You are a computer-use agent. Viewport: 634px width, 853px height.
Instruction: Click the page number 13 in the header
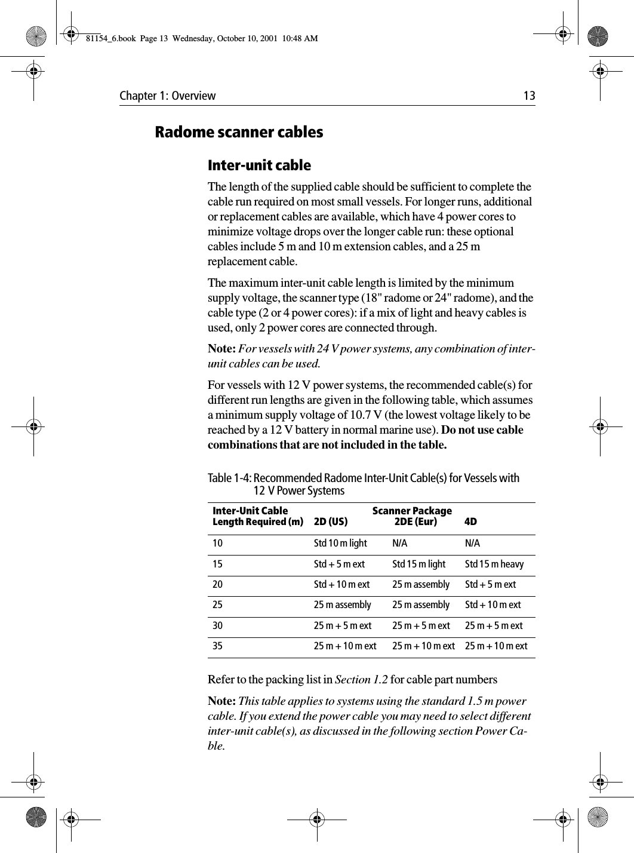pyautogui.click(x=529, y=96)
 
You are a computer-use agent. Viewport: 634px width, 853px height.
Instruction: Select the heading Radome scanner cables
pyautogui.click(x=239, y=132)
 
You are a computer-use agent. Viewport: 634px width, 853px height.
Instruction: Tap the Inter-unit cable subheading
pyautogui.click(x=259, y=165)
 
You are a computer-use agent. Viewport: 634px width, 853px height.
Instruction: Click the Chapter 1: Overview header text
pyautogui.click(x=168, y=96)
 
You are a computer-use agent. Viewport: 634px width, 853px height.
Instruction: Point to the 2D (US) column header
pyautogui.click(x=331, y=522)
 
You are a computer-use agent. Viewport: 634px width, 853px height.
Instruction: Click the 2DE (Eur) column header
pyautogui.click(x=416, y=522)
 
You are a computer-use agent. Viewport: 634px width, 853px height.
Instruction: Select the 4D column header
pyautogui.click(x=470, y=522)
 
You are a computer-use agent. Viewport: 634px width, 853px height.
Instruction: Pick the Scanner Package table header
pyautogui.click(x=412, y=511)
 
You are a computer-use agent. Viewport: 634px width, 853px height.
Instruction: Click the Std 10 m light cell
pyautogui.click(x=340, y=544)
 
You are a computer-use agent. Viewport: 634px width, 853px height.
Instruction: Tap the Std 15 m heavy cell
pyautogui.click(x=494, y=564)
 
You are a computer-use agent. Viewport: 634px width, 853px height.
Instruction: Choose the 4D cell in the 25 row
pyautogui.click(x=493, y=605)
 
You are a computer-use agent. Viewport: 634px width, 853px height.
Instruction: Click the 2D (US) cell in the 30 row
pyautogui.click(x=342, y=626)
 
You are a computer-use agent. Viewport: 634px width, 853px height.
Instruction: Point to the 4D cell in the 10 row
pyautogui.click(x=472, y=544)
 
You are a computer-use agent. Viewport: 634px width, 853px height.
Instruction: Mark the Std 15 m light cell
pyautogui.click(x=418, y=564)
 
